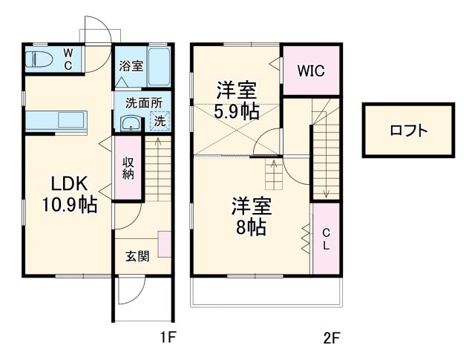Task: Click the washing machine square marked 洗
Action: tap(160, 120)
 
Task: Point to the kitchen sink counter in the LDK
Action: tap(56, 120)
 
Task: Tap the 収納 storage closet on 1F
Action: tap(128, 168)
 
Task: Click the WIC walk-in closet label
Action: tap(310, 71)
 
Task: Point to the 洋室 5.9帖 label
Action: tap(237, 102)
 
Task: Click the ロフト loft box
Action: tap(408, 130)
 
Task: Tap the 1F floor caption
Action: tap(168, 338)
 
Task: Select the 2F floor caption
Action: tap(331, 338)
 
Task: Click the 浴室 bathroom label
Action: tap(131, 65)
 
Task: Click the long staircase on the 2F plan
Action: tap(324, 156)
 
